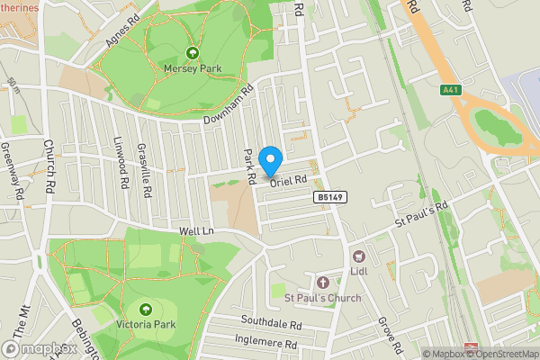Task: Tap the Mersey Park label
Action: tap(191, 67)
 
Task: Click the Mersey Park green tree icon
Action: tap(191, 52)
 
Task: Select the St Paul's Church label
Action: tap(322, 299)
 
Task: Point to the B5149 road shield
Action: tap(329, 196)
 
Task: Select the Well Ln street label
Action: tap(195, 232)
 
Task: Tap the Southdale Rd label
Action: tap(271, 321)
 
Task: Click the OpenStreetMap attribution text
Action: tap(500, 354)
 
